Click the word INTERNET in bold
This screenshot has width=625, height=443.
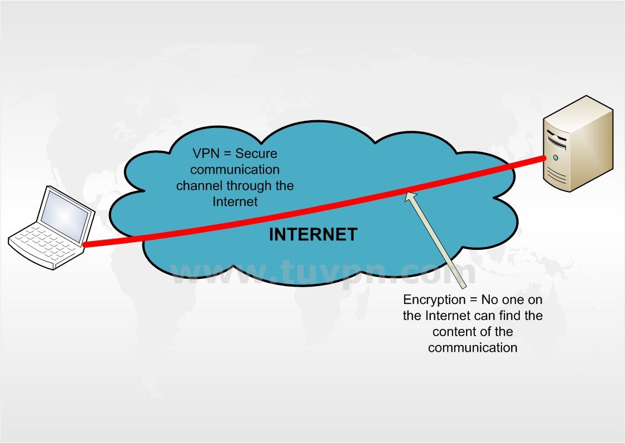click(312, 234)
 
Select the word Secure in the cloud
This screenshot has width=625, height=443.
click(257, 153)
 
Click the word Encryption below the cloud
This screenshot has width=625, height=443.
click(433, 300)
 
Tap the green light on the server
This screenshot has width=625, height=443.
click(556, 157)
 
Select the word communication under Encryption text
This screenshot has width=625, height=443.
click(473, 348)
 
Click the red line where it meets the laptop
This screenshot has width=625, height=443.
click(85, 244)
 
